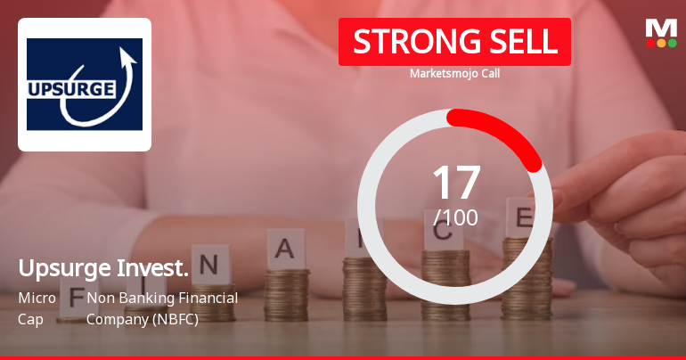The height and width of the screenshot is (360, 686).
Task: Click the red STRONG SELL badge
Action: pos(454,42)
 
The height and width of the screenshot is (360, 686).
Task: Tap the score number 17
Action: pos(455,182)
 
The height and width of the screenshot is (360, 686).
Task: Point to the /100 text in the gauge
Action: pos(455,217)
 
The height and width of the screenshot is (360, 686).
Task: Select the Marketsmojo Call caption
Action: pos(454,73)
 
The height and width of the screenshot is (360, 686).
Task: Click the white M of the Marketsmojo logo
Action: pos(661,28)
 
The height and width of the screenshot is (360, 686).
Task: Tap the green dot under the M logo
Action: pos(673,43)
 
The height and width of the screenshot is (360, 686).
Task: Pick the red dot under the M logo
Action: pos(650,43)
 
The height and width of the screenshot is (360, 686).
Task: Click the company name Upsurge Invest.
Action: pos(102,268)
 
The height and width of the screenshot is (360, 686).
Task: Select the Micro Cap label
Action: pos(37,307)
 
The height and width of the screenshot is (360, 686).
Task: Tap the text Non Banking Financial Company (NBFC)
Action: pos(161,307)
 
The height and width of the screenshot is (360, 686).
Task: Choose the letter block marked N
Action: pos(209,264)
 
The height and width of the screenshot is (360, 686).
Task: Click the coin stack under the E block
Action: pos(526,276)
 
